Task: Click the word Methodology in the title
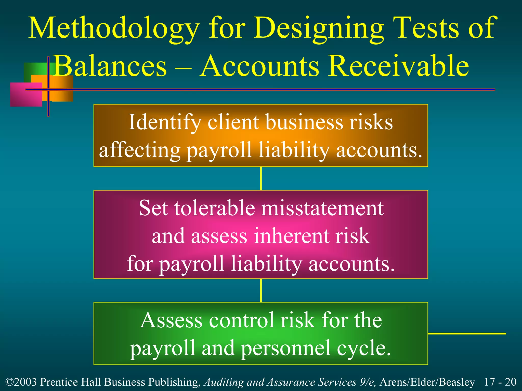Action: coord(114,29)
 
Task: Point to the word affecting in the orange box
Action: coord(140,150)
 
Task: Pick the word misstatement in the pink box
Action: coord(322,208)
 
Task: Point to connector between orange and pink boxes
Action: coord(261,178)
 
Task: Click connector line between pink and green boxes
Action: coord(261,290)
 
